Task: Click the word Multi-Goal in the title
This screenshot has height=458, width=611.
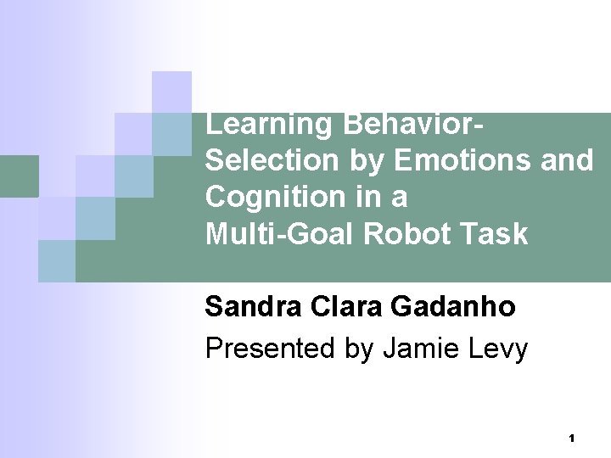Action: (x=280, y=233)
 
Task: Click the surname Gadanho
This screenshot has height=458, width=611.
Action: (x=452, y=306)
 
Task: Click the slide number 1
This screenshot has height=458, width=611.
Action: (x=572, y=438)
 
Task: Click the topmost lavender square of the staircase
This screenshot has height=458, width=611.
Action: (x=172, y=91)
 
